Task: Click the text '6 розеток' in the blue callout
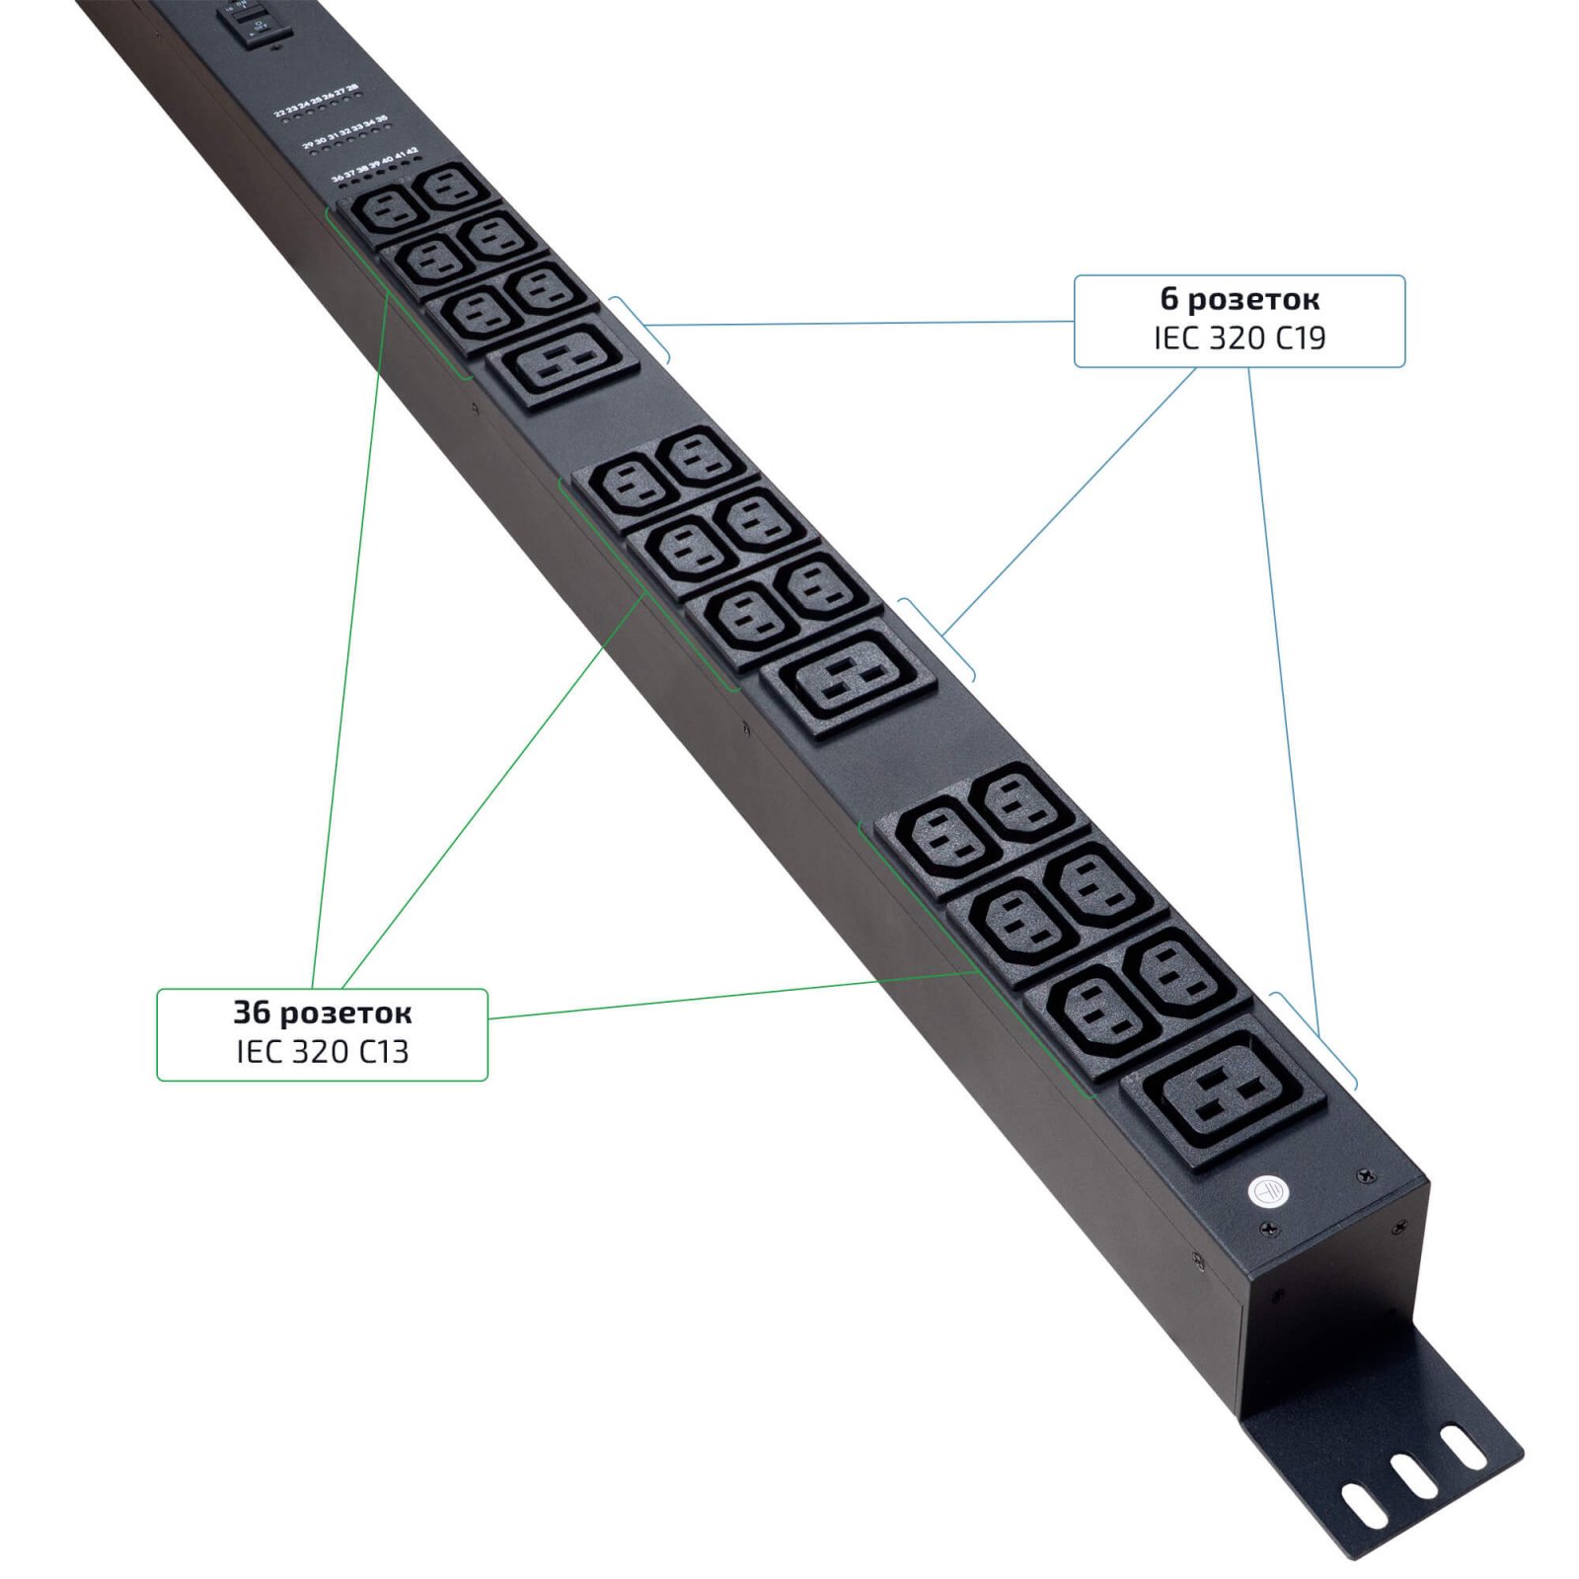click(x=1240, y=299)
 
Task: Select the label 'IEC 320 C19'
click(x=1240, y=338)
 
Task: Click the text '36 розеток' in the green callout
click(x=323, y=1013)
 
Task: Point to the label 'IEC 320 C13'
click(x=323, y=1052)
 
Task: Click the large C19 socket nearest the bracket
click(x=1225, y=1089)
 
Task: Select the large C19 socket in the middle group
click(x=849, y=680)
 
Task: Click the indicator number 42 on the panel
click(x=412, y=151)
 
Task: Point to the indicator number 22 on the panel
click(x=280, y=113)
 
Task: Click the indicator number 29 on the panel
click(x=309, y=145)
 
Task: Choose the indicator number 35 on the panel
click(x=382, y=119)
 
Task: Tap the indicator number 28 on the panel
click(x=352, y=88)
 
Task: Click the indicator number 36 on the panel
click(x=338, y=178)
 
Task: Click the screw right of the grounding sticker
click(x=1365, y=1174)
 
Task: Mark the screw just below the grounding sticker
click(x=1270, y=1229)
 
